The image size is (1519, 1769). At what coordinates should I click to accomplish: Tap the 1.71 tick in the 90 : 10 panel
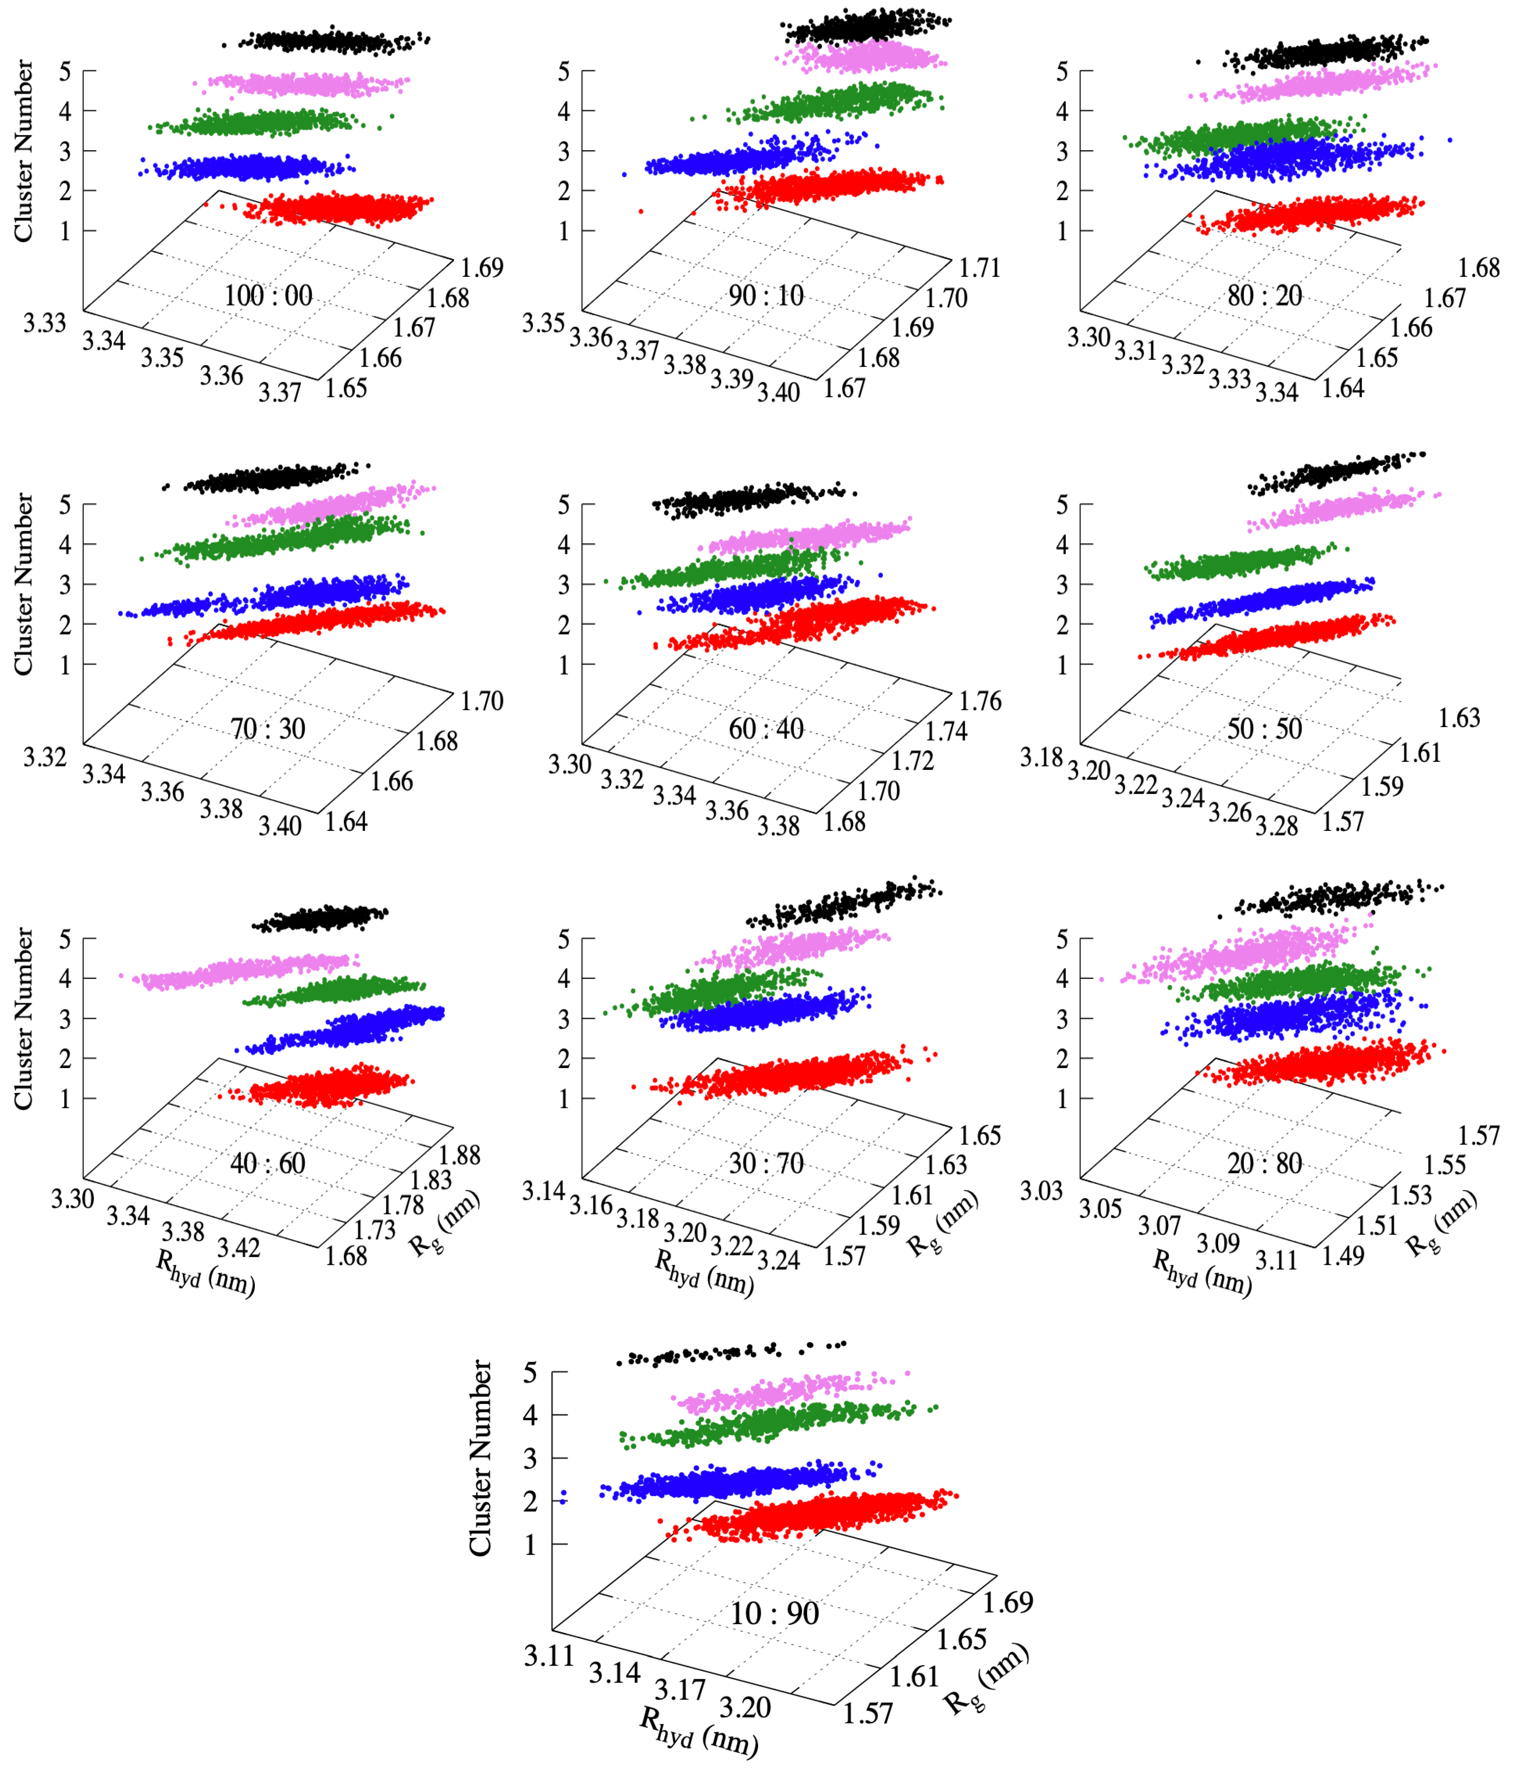979,267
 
